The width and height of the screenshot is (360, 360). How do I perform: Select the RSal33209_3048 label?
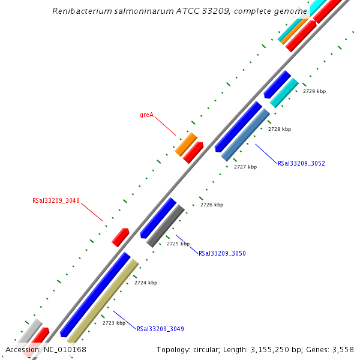[x=56, y=201]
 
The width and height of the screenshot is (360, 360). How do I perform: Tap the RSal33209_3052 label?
[x=301, y=163]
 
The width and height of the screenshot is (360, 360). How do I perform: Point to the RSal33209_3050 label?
[x=222, y=253]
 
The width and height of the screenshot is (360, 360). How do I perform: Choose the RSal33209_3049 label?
[x=160, y=329]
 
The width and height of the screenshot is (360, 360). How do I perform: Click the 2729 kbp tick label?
[x=314, y=92]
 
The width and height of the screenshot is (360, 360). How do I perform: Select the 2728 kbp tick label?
[x=279, y=129]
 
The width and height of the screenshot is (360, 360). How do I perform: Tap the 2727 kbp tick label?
[x=245, y=167]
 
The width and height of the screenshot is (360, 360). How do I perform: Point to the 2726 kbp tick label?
[x=211, y=205]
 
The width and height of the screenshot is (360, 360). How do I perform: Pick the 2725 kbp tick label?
[x=178, y=244]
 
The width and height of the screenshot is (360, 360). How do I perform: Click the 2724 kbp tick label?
[x=145, y=283]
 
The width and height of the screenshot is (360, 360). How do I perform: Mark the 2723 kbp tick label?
[x=113, y=323]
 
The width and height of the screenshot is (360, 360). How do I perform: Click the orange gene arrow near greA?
[x=186, y=144]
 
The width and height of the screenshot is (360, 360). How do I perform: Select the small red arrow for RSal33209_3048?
[x=121, y=237]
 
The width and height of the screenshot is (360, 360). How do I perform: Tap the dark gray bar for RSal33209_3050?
[x=166, y=226]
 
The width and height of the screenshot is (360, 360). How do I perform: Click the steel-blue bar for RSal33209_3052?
[x=245, y=136]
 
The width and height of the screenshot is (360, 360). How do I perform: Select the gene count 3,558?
[x=342, y=349]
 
